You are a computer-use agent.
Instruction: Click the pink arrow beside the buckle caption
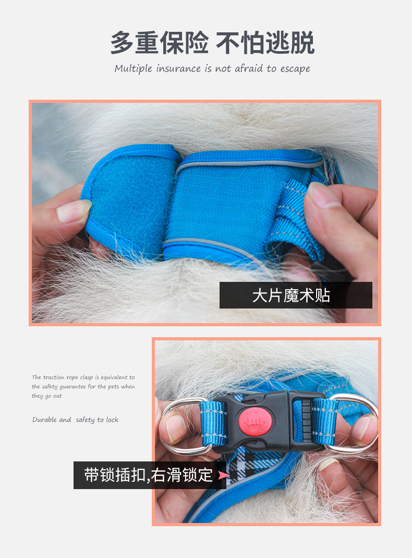click(x=224, y=475)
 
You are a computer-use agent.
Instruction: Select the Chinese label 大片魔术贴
click(x=291, y=295)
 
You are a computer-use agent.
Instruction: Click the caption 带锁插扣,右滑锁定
click(x=148, y=475)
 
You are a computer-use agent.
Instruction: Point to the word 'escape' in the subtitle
click(x=295, y=69)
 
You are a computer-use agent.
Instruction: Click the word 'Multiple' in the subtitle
click(x=134, y=68)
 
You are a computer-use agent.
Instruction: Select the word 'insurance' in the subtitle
click(x=178, y=68)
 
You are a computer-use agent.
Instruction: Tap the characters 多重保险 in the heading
click(x=159, y=43)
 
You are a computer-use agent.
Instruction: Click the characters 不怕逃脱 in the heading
click(x=265, y=43)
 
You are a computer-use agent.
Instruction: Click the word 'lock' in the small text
click(x=112, y=420)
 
